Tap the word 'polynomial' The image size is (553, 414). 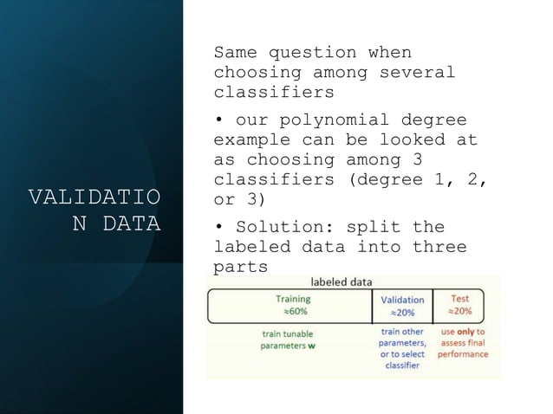tap(329, 120)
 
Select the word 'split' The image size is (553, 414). tap(373, 228)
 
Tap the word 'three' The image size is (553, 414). tap(439, 248)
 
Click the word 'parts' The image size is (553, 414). tap(241, 267)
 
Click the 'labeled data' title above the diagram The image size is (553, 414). tap(342, 281)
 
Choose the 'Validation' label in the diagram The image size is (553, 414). tap(403, 300)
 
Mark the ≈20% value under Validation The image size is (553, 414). tap(402, 313)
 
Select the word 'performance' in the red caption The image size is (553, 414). tap(462, 354)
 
